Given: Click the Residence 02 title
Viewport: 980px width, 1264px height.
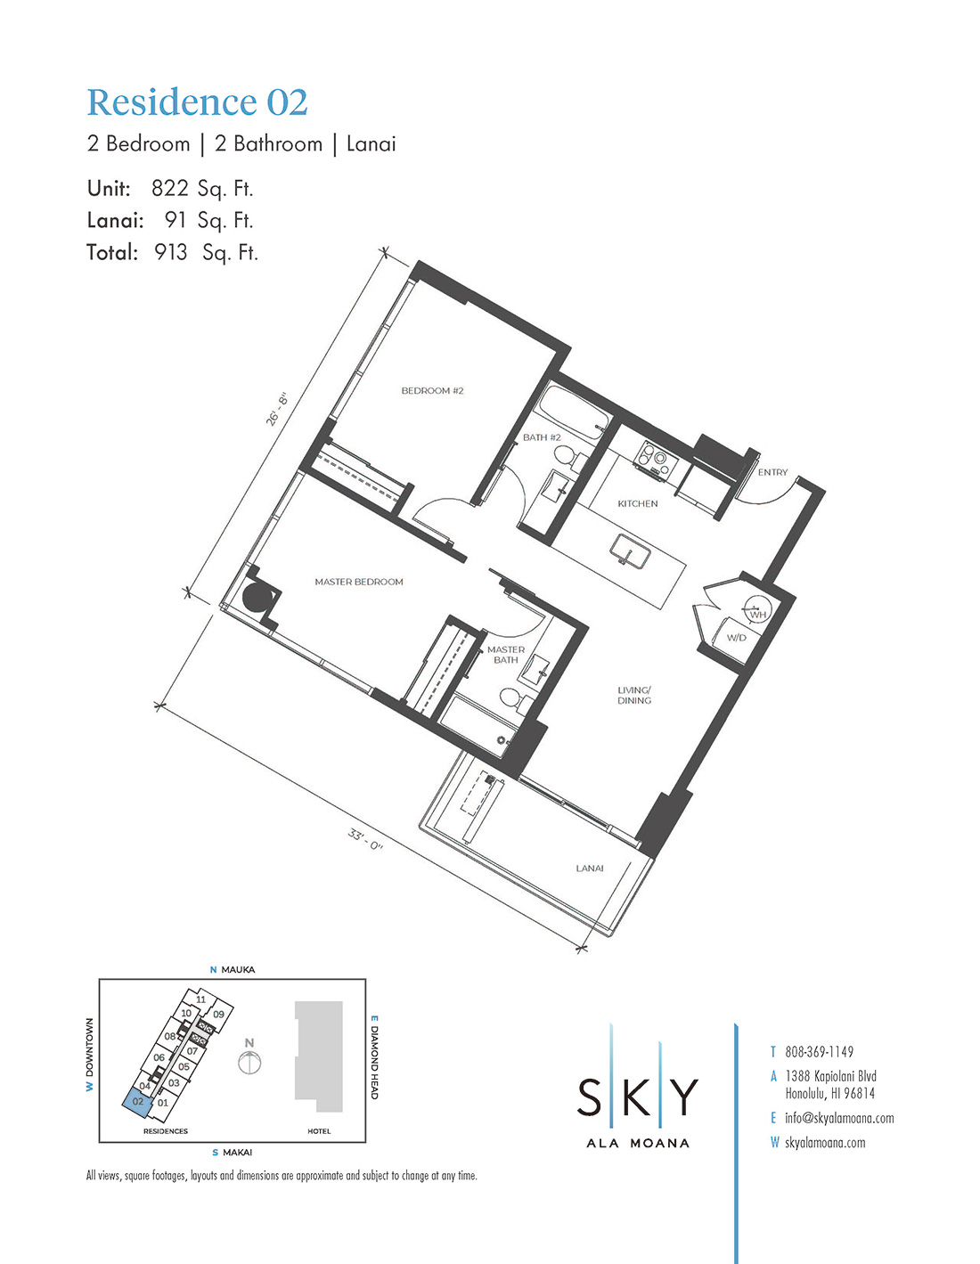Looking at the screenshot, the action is pos(197,102).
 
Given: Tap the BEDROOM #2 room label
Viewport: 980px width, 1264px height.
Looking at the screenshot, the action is pos(432,390).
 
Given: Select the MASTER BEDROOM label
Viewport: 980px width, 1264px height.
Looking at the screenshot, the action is pos(359,581).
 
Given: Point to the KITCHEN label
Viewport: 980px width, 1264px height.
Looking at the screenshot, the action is pos(637,503).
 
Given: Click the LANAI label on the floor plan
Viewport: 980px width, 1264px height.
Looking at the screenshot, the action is pos(590,868).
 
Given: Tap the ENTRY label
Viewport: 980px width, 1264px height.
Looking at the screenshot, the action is pos(772,472).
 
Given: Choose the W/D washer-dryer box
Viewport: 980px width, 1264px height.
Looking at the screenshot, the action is pos(736,638).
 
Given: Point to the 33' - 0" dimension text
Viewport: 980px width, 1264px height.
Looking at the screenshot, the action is pos(365,839).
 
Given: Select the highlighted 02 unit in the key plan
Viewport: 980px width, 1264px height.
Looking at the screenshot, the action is pos(138,1101).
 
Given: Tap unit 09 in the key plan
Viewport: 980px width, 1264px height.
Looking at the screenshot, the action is pos(218,1014).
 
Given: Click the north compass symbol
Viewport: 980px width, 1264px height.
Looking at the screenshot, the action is pos(249,1062).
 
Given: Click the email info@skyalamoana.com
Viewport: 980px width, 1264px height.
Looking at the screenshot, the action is pos(839,1118).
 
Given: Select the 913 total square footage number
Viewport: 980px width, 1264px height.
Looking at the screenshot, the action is pos(170,252).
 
